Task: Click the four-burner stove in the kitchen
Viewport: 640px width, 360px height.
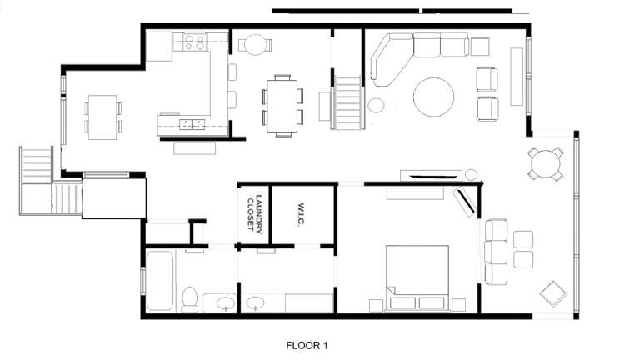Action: [x=195, y=39]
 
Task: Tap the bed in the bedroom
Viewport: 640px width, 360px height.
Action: [x=417, y=276]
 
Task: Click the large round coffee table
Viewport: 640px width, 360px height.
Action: [x=435, y=97]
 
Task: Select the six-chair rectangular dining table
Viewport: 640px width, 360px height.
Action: [x=281, y=104]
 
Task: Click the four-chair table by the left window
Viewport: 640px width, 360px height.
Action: [x=102, y=117]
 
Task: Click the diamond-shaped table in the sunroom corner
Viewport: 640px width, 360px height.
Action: [x=552, y=293]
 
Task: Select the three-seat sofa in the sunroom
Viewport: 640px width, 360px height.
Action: [x=495, y=251]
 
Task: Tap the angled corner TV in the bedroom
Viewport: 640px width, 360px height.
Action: [x=464, y=202]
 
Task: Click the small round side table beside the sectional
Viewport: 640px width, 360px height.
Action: [x=377, y=106]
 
